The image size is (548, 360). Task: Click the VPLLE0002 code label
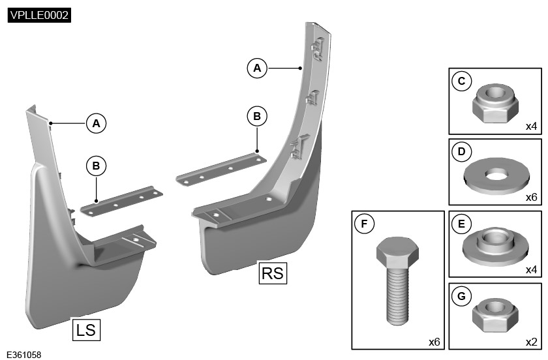(x=39, y=15)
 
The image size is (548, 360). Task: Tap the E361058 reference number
(x=23, y=355)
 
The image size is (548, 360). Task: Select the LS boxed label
(x=85, y=329)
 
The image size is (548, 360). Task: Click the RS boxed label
(x=273, y=273)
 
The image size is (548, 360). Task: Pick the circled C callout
(x=462, y=81)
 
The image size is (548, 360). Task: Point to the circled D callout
(x=462, y=153)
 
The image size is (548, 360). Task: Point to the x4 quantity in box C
(x=531, y=126)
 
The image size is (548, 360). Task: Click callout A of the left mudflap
(x=97, y=123)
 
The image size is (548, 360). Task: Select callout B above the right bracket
(x=257, y=116)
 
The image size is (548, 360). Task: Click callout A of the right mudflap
(x=257, y=67)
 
